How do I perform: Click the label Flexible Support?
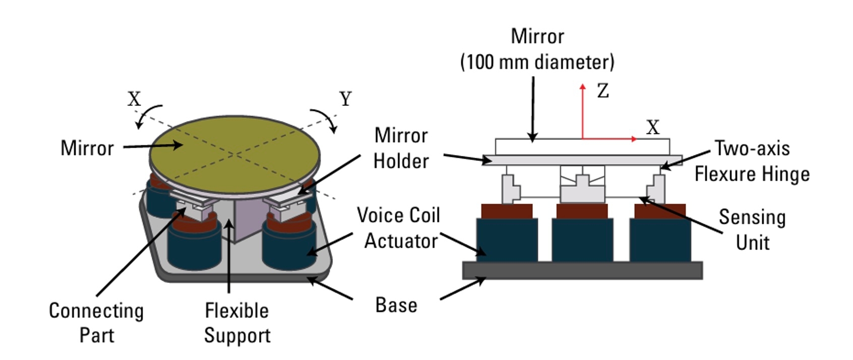(237, 323)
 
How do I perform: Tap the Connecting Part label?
(96, 323)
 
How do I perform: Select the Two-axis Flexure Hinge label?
(752, 161)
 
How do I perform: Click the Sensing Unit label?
(752, 229)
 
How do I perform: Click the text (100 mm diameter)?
(537, 62)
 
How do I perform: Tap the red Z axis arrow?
(583, 111)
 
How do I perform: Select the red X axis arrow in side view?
(610, 139)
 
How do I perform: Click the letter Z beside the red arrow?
(603, 91)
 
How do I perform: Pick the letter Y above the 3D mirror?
(345, 99)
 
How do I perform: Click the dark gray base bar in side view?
(582, 270)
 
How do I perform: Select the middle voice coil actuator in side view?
(582, 239)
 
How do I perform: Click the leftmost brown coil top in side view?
(507, 211)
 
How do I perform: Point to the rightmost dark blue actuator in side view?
(660, 239)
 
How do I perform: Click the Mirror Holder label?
(401, 148)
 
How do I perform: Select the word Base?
(396, 305)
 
